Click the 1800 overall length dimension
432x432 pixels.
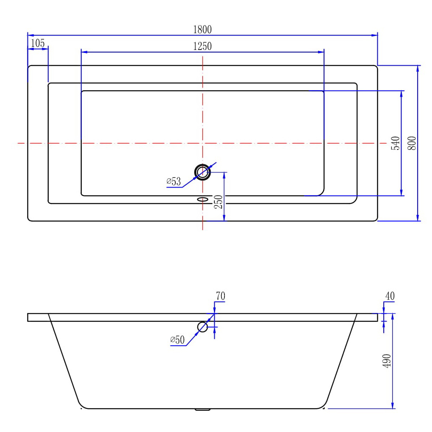[202, 30]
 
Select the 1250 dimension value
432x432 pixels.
[202, 46]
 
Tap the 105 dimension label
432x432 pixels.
[37, 43]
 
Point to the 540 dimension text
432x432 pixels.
[395, 143]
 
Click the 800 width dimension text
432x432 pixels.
[412, 143]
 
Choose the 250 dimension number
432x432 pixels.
[218, 202]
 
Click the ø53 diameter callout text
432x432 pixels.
[174, 181]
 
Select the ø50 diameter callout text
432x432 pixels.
[177, 340]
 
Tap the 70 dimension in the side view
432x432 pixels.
[220, 296]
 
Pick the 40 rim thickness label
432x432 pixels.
[390, 296]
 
